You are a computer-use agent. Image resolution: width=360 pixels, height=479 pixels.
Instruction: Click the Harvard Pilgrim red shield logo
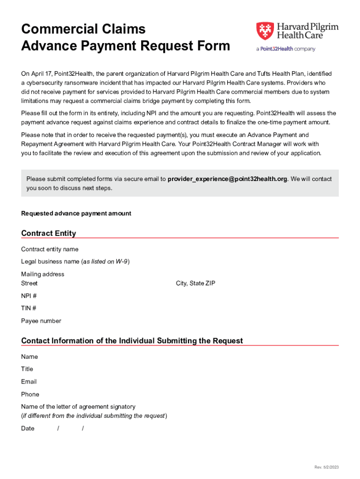(264, 31)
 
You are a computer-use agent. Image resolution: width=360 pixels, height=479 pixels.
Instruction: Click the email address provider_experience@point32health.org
(227, 179)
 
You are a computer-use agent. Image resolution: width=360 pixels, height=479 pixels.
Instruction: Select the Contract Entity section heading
(49, 233)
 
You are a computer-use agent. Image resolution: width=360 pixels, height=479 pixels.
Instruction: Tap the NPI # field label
(29, 296)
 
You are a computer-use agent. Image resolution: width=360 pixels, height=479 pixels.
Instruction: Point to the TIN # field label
(29, 308)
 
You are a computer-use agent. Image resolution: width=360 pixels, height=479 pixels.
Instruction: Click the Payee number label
(41, 321)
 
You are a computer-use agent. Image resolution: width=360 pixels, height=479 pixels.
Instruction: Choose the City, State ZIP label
(195, 283)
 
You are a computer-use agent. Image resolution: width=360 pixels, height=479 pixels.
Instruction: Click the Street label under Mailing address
(29, 283)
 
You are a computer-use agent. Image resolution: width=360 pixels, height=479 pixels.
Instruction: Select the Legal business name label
(75, 261)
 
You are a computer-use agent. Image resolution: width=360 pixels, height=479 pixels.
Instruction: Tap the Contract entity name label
(50, 249)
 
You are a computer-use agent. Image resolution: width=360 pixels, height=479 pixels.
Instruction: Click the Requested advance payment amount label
(76, 213)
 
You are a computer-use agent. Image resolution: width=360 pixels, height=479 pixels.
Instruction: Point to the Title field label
(27, 369)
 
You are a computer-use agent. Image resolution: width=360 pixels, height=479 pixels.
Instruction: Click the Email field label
(29, 382)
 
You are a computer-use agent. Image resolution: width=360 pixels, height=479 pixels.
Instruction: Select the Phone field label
(30, 394)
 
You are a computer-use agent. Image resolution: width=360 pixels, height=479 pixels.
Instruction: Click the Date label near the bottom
(28, 428)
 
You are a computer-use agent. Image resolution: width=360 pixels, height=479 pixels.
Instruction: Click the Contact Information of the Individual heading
(132, 341)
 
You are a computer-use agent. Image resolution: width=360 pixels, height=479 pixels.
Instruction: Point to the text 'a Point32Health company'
(285, 49)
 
